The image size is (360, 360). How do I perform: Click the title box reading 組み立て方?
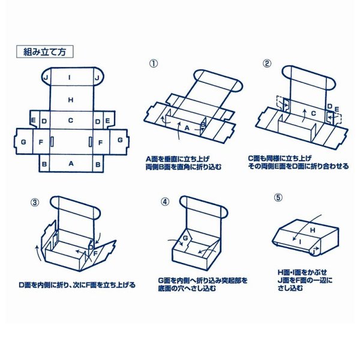pos(45,52)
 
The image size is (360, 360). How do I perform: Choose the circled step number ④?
pos(166,202)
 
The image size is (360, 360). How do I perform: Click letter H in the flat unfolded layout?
pos(71,99)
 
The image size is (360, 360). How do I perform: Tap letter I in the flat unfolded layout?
pos(71,77)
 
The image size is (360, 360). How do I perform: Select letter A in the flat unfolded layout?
pos(71,163)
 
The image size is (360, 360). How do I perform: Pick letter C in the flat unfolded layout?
pos(71,120)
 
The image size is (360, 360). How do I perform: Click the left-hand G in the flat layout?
pos(23,141)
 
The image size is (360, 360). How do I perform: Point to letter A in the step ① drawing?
pos(186,128)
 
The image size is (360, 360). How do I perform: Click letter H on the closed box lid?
pos(311,230)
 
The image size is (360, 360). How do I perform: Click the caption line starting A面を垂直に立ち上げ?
pos(178,157)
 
